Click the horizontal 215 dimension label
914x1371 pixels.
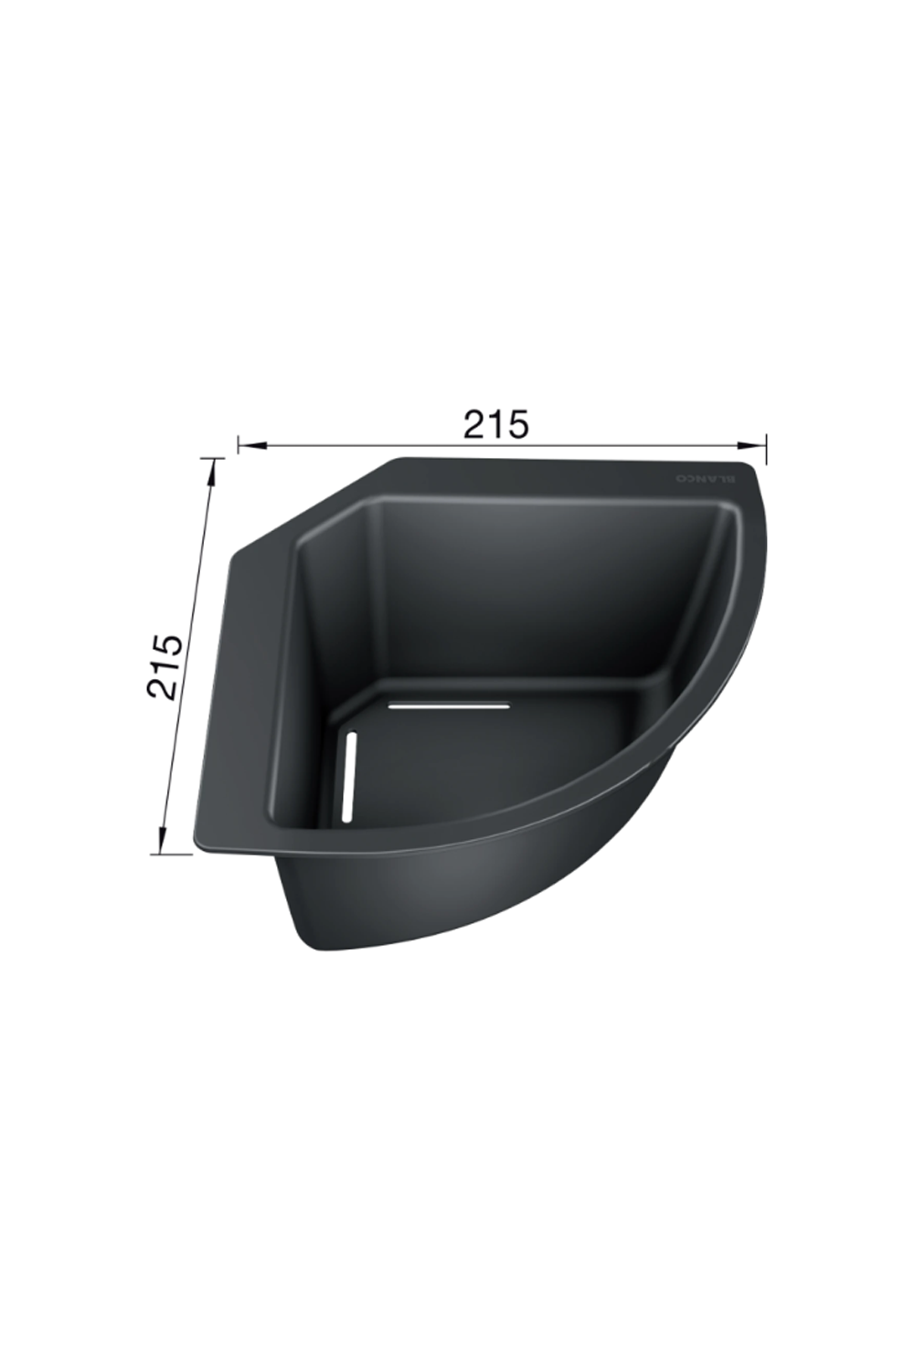click(494, 423)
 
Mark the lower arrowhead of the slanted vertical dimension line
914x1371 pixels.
click(162, 837)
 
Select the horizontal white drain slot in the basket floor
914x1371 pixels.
click(448, 705)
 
